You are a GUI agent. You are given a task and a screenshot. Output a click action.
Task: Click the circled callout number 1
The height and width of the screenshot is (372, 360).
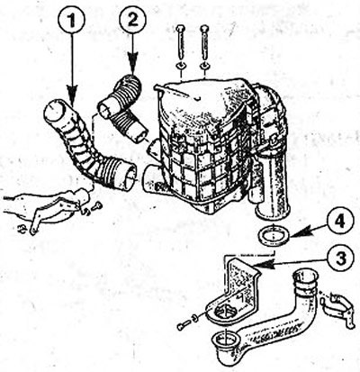click(x=71, y=20)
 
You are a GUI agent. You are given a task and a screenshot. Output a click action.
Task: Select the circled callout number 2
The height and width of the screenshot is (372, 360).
click(x=133, y=19)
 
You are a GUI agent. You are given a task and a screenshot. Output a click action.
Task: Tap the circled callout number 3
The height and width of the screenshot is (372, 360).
click(x=340, y=259)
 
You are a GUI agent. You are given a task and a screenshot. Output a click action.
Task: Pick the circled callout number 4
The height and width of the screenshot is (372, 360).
click(x=340, y=222)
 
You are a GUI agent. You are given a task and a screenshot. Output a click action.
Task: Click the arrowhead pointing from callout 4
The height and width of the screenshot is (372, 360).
click(x=300, y=231)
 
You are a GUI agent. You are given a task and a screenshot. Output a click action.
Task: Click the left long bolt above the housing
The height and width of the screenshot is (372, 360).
click(x=181, y=42)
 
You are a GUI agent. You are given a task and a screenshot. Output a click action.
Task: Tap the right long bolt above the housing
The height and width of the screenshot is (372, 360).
click(x=204, y=42)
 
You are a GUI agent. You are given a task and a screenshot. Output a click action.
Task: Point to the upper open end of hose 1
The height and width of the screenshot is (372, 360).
click(x=56, y=111)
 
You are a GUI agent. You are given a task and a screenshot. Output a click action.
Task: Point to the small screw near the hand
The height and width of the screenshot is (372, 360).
click(x=97, y=206)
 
